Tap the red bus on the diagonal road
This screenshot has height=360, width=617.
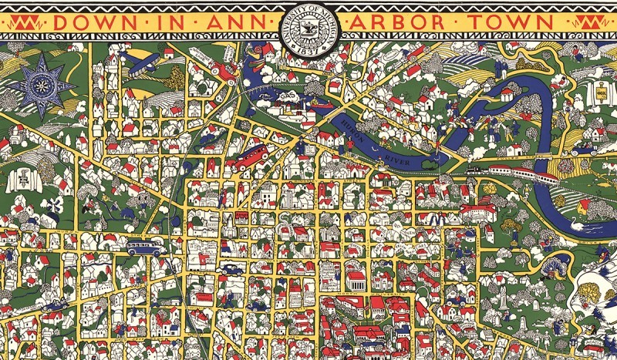(x=251, y=157)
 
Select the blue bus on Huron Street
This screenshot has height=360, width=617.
(x=144, y=247)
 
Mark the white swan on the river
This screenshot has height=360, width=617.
(x=578, y=221)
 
